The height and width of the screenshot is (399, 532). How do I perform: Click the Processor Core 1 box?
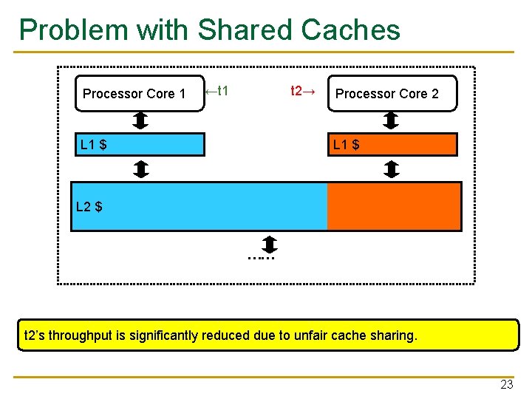(x=139, y=94)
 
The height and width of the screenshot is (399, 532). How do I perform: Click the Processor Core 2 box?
(x=392, y=94)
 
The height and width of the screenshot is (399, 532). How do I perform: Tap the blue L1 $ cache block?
(x=138, y=145)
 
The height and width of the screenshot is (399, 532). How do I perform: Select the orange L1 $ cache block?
(x=392, y=145)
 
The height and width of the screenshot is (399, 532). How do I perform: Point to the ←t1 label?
(x=217, y=92)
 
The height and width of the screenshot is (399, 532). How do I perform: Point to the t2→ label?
(x=303, y=92)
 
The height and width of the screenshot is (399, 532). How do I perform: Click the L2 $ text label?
(x=89, y=207)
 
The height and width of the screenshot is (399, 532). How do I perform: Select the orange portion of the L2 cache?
(x=394, y=207)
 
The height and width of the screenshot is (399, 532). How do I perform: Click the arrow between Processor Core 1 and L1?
(x=141, y=120)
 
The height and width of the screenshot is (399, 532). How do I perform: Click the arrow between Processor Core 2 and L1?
(x=392, y=120)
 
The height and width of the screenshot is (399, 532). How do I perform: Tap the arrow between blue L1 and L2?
(x=141, y=170)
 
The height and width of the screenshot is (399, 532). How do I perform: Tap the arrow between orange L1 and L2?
(x=392, y=170)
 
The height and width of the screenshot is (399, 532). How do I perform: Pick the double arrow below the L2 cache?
(x=270, y=244)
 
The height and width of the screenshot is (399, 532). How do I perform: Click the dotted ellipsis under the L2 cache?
(x=262, y=258)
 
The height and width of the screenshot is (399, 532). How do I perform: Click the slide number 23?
(x=506, y=384)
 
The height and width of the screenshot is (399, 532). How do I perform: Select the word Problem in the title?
(x=66, y=30)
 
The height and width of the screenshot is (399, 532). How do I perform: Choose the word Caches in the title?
(x=351, y=30)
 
